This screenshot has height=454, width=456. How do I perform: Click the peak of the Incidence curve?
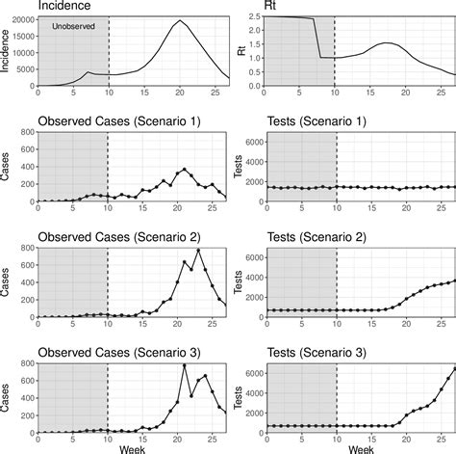click(178, 21)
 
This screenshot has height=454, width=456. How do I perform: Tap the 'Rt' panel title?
click(274, 7)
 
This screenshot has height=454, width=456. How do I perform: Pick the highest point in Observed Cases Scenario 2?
click(199, 251)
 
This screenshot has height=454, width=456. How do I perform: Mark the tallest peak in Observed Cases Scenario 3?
click(185, 365)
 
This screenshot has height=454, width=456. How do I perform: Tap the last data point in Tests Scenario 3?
click(454, 367)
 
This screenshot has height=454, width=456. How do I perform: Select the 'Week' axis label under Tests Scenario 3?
click(363, 448)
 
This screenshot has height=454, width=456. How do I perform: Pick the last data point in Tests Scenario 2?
click(454, 280)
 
